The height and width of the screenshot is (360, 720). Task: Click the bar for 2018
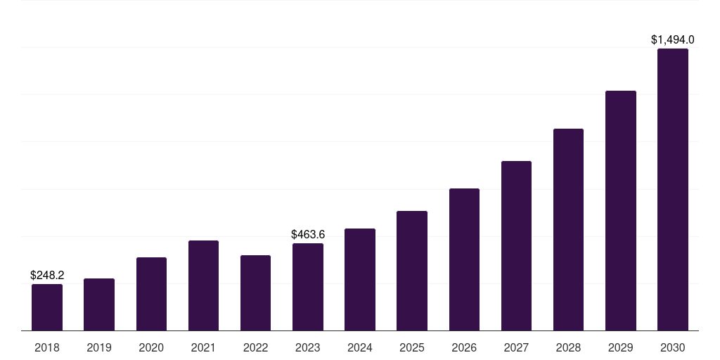tap(47, 307)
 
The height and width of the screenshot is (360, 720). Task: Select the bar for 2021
tap(203, 285)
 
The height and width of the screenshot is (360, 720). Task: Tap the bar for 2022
tap(255, 293)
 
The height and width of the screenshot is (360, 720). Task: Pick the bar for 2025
tap(412, 271)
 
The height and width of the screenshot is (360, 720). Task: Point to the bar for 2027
tap(516, 245)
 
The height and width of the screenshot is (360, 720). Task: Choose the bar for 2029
tap(620, 211)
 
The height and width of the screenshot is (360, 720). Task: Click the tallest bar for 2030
tap(673, 190)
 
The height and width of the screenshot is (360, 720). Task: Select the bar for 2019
tap(99, 304)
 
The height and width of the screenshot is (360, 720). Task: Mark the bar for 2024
tap(359, 280)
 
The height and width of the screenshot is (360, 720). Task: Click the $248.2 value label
tap(47, 275)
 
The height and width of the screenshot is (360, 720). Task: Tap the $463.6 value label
tap(308, 235)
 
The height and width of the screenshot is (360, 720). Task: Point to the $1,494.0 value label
tap(673, 40)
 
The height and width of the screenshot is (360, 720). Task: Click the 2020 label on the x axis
tap(151, 347)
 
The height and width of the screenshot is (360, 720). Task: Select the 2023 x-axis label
tap(308, 347)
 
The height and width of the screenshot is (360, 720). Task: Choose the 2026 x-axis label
tap(464, 347)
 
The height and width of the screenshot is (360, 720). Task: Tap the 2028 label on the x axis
tap(568, 347)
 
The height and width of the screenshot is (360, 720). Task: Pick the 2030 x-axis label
tap(673, 347)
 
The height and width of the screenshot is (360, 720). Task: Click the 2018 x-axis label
tap(47, 347)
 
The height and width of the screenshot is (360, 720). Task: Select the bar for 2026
tap(464, 259)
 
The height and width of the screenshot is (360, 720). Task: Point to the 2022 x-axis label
tap(255, 347)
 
